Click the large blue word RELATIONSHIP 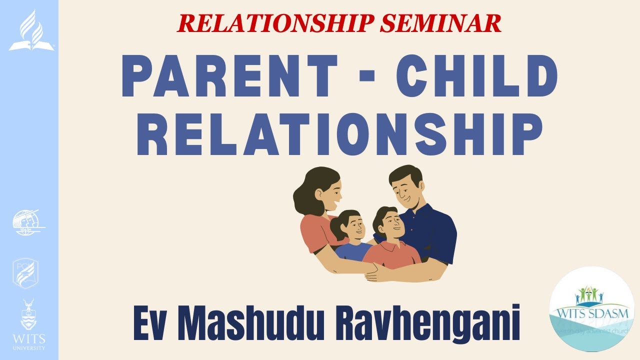pyautogui.click(x=339, y=134)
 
